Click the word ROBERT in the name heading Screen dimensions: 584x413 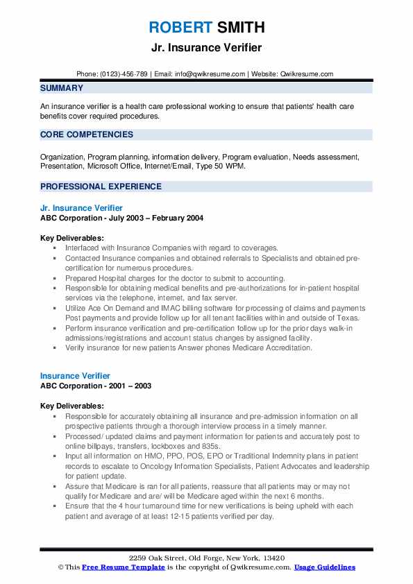click(179, 28)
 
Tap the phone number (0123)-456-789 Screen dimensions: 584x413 click(126, 74)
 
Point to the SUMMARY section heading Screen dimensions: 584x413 click(62, 88)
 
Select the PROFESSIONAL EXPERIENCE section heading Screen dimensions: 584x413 click(101, 187)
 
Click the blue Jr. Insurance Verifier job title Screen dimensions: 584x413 click(81, 208)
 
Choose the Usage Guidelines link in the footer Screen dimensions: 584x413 click(324, 567)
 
